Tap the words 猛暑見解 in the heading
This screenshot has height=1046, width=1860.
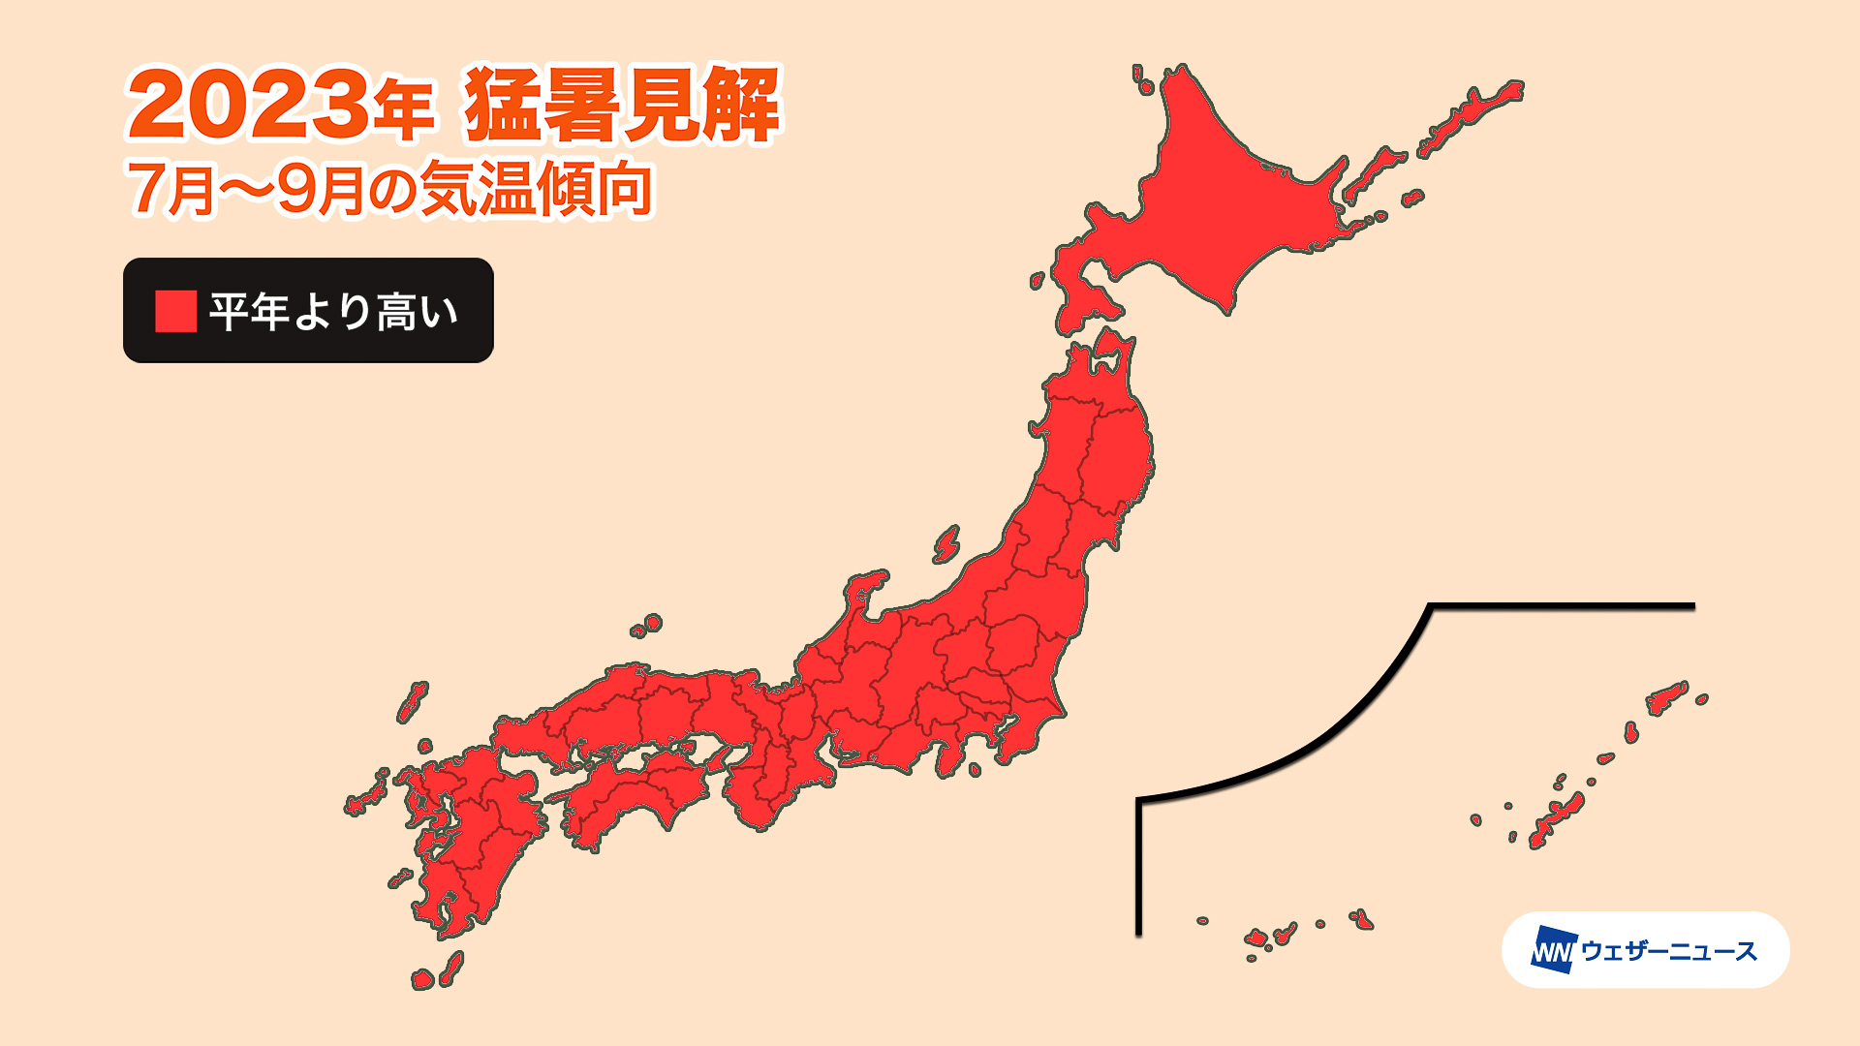[x=621, y=105]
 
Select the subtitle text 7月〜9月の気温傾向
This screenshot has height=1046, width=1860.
[x=389, y=189]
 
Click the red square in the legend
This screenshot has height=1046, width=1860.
[x=175, y=311]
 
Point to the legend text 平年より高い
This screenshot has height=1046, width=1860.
[x=333, y=312]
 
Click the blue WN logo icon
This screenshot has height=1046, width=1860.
[x=1554, y=950]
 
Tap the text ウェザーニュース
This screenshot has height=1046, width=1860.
[x=1668, y=951]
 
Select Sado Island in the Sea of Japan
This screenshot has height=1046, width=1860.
[x=946, y=544]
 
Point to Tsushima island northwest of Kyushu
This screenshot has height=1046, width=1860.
[x=413, y=701]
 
